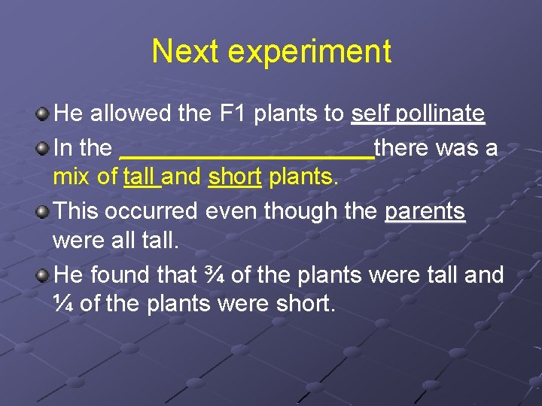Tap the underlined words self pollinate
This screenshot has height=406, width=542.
(x=418, y=114)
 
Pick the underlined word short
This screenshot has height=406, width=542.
(x=235, y=177)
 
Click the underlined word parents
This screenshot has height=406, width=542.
(x=425, y=211)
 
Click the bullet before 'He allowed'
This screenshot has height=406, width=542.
(x=43, y=114)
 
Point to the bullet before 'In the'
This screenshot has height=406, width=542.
(x=43, y=148)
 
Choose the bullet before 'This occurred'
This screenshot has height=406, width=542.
(x=43, y=211)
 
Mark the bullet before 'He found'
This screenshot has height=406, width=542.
(x=43, y=275)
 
